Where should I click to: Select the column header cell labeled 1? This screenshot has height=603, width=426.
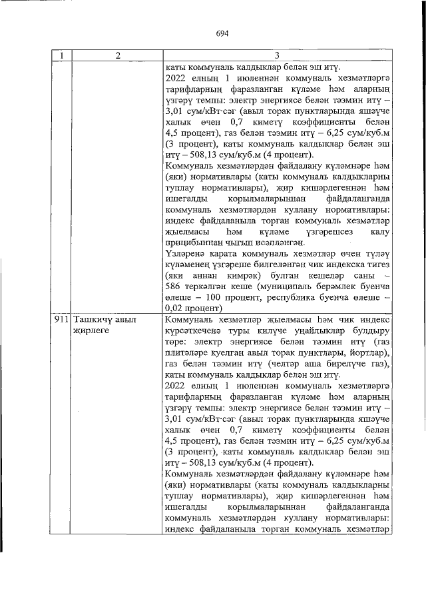tap(61, 57)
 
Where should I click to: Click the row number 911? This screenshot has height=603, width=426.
tap(63, 320)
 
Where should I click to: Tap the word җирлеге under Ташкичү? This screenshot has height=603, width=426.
tap(91, 330)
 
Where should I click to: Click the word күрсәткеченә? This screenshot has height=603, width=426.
tap(195, 330)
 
